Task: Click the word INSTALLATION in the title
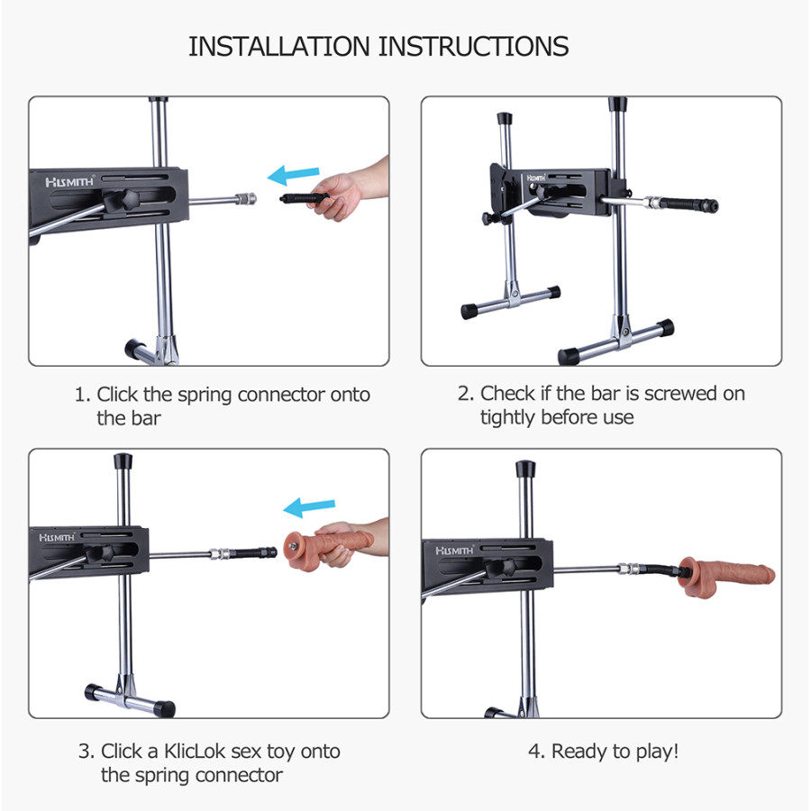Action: coord(278,47)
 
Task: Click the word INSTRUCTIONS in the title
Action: coord(473,47)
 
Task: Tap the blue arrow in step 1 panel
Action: coord(293,176)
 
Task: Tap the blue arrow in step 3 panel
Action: coord(309,507)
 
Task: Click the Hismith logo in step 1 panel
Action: coord(69,181)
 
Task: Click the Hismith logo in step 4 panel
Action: coord(454,551)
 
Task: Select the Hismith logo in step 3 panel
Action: coord(57,538)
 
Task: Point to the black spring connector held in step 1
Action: coord(305,197)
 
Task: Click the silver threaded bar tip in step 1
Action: coord(246,198)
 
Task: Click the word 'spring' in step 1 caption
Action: coord(205,396)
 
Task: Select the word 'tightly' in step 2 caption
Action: coord(507,418)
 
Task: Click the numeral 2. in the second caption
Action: coord(466,394)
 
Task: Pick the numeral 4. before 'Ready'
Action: coord(537,751)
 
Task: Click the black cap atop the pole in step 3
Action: coord(123,461)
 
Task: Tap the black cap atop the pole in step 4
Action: coord(525,469)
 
